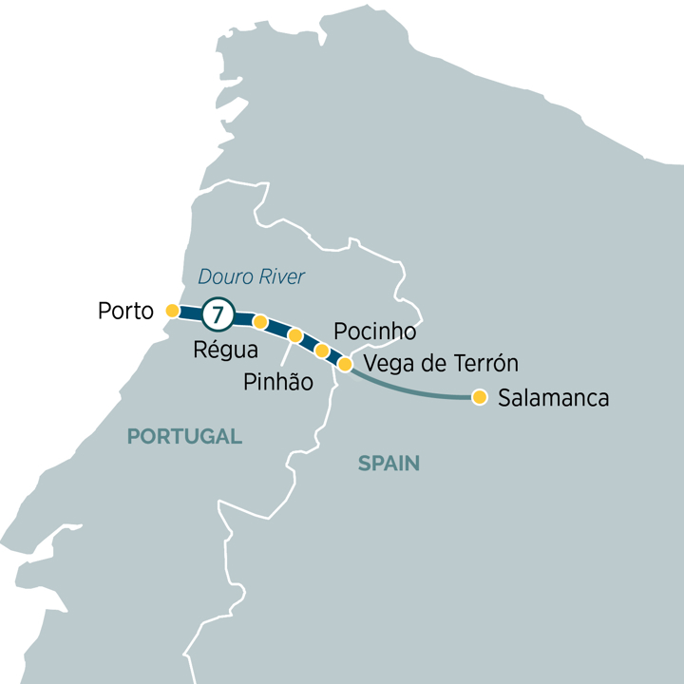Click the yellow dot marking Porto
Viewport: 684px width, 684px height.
[x=172, y=310]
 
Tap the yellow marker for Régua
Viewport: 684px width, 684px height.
[x=260, y=322]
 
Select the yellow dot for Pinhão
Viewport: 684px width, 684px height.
[x=295, y=335]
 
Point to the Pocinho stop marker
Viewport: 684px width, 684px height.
[x=322, y=351]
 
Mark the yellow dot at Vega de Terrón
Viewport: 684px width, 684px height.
[x=346, y=364]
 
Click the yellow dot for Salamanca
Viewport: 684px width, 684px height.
[x=480, y=397]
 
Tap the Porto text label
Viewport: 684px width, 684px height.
[x=125, y=312]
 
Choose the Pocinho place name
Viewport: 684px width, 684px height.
[x=375, y=332]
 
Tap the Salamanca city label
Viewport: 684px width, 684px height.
[x=553, y=398]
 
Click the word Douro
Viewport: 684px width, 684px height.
[x=222, y=277]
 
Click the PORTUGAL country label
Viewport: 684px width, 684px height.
[x=184, y=436]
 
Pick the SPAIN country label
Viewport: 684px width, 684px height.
[x=389, y=464]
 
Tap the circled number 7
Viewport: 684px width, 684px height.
[x=219, y=313]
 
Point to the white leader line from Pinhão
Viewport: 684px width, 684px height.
[x=286, y=353]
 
